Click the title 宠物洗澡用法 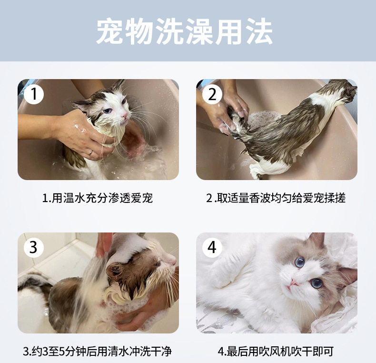(184, 31)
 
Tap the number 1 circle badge (34, 94)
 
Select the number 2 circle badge (212, 94)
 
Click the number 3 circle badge (34, 247)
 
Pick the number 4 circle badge (212, 247)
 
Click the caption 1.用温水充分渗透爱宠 (98, 198)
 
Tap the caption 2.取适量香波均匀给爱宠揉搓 (276, 198)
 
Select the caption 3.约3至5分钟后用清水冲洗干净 (98, 352)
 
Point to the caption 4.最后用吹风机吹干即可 (276, 352)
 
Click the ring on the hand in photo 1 (90, 153)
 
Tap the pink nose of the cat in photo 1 (124, 116)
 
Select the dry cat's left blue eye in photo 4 (300, 262)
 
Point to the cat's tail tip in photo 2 (234, 115)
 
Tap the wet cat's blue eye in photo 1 (108, 111)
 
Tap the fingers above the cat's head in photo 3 (103, 244)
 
